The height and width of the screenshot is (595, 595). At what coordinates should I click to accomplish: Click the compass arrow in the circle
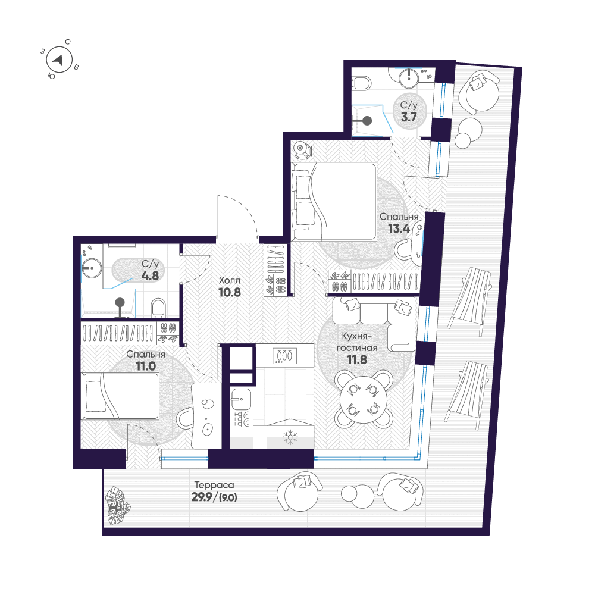[58, 60]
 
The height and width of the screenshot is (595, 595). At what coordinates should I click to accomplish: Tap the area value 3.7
[409, 117]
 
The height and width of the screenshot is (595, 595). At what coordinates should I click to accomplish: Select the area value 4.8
[150, 275]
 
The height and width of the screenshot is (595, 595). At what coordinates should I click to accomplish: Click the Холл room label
[230, 280]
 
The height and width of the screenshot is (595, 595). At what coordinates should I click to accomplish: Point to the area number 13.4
[399, 228]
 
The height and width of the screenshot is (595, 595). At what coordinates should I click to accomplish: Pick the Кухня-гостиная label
[357, 342]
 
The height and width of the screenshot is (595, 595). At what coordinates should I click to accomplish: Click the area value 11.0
[146, 366]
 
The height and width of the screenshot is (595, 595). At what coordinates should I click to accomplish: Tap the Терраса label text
[214, 485]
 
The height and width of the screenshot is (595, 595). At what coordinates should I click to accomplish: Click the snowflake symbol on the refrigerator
[291, 437]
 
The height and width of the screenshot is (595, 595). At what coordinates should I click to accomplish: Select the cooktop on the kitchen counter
[284, 356]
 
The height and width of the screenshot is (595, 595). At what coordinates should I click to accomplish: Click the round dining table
[364, 399]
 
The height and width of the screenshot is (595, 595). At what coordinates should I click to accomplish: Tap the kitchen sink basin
[241, 399]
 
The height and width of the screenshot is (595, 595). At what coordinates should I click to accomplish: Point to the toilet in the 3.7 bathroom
[362, 83]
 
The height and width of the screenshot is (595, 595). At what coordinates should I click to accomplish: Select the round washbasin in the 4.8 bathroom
[91, 268]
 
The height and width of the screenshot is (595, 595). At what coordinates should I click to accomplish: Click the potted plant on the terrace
[117, 505]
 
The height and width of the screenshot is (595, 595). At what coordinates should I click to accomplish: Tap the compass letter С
[68, 42]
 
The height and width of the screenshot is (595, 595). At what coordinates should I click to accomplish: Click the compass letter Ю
[51, 76]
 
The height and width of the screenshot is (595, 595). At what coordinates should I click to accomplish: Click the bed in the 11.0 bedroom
[120, 396]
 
